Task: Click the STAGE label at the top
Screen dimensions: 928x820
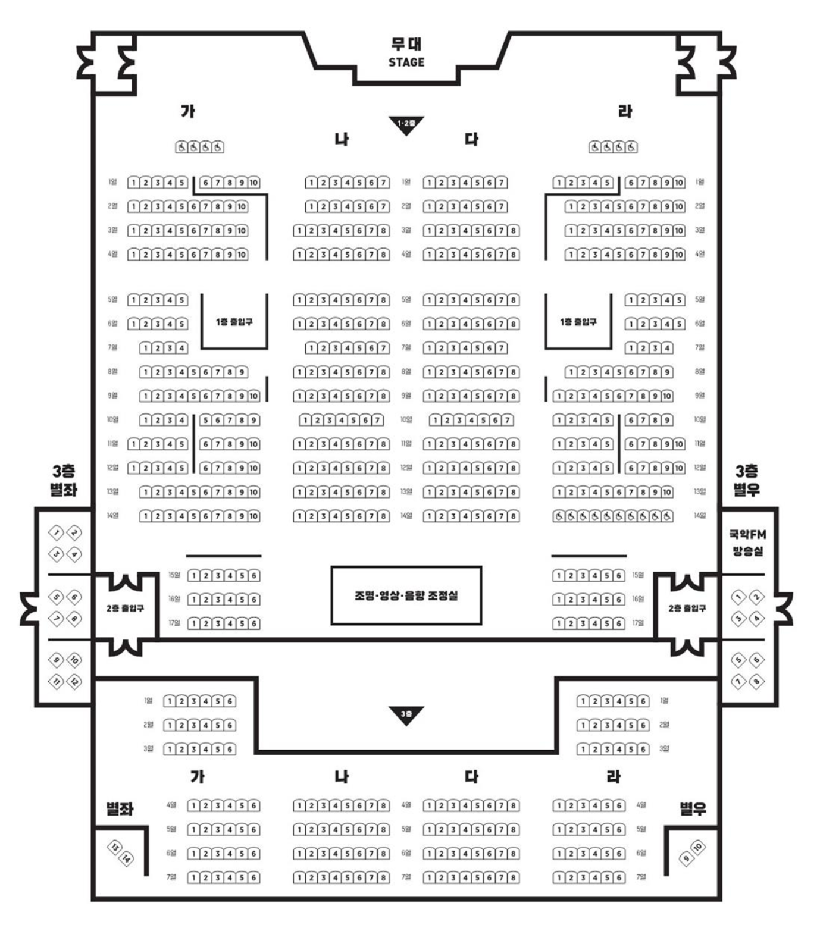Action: coord(406,62)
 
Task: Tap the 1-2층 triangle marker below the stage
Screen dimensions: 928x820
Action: coord(406,124)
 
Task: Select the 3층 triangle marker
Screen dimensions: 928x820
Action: coord(406,714)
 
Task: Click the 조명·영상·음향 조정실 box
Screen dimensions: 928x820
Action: coord(406,595)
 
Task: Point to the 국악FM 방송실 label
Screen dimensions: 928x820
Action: coord(747,543)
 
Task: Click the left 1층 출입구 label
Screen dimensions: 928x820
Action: coord(234,322)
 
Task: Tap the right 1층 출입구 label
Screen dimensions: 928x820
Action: coord(578,322)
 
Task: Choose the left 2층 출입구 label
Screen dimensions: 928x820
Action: coord(125,609)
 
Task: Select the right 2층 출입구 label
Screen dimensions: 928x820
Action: coord(687,609)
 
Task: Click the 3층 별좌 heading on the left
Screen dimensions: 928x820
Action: coord(64,481)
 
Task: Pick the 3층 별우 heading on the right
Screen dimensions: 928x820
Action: coord(747,481)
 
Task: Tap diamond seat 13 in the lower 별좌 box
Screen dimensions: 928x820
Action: coord(113,847)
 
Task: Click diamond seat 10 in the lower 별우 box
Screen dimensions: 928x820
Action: coord(699,847)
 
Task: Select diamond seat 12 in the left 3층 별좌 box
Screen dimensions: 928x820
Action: coord(74,681)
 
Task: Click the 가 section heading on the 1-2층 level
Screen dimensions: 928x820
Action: coord(188,111)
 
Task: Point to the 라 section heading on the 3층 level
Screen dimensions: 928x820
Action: coord(613,776)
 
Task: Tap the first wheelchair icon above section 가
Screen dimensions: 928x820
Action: coord(181,147)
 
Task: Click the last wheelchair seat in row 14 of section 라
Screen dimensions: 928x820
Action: coord(667,516)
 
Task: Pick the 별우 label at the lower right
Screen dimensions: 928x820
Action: coord(693,809)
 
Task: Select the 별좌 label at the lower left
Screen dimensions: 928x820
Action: coord(119,809)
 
